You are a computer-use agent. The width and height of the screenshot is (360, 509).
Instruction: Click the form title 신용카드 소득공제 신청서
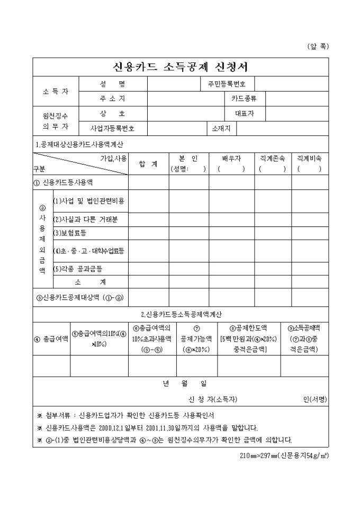click(181, 67)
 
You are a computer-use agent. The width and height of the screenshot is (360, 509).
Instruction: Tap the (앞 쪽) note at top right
click(318, 46)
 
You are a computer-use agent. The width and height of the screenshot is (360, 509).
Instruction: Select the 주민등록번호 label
click(227, 84)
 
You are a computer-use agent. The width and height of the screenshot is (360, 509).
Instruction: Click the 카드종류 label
click(244, 98)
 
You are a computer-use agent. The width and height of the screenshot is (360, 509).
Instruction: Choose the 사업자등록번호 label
click(112, 128)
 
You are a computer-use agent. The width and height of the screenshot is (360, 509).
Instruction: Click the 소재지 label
click(221, 128)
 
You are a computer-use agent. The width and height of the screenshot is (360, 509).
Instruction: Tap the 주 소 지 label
click(112, 98)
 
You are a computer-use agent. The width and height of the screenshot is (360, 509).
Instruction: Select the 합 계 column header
click(148, 163)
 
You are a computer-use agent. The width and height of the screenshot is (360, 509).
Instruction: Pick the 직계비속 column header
click(310, 158)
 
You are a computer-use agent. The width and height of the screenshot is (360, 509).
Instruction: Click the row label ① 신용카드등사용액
click(63, 182)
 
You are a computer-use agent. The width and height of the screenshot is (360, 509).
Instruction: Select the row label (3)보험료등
click(70, 233)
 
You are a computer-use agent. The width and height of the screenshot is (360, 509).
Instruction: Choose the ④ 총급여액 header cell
click(51, 338)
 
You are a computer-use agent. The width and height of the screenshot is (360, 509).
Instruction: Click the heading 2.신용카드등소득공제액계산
click(181, 314)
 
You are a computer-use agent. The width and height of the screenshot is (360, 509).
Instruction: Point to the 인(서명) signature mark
click(316, 398)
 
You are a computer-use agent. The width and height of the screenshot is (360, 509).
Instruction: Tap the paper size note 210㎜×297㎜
click(284, 455)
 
